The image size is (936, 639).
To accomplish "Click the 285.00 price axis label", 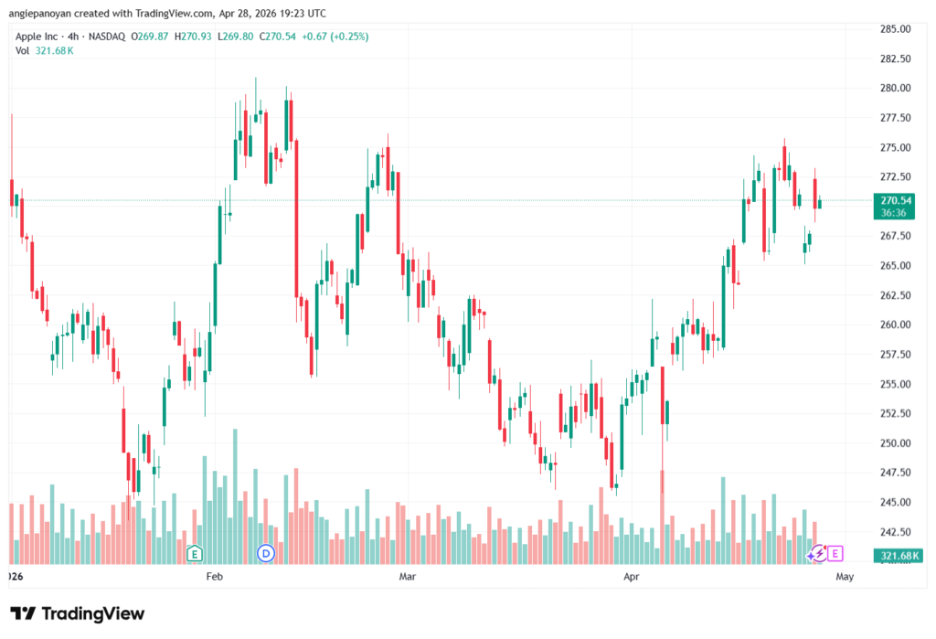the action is tap(896, 28).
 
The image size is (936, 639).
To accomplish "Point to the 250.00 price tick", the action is tap(896, 443).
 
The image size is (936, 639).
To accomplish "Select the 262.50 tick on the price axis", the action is tap(896, 295).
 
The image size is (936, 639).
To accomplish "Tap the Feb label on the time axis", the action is tap(214, 576).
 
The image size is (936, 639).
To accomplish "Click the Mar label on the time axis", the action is tap(407, 576).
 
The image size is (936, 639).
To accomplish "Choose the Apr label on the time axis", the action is tap(631, 576).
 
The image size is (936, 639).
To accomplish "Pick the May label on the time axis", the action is tap(845, 576).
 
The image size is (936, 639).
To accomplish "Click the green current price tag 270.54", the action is tap(894, 206).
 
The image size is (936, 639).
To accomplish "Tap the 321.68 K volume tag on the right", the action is tap(899, 556).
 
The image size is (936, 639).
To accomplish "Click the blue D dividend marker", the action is tap(266, 553).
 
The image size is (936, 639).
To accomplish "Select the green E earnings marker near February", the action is tap(194, 554).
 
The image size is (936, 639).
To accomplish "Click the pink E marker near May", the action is tap(835, 554).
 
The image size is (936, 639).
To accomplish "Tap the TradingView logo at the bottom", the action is tap(78, 613).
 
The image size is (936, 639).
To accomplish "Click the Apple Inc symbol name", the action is tap(37, 37).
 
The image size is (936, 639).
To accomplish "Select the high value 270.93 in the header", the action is tap(197, 37).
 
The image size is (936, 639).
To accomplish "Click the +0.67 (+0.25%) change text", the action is tap(335, 37).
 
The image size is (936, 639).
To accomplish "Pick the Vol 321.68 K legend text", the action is tap(44, 51).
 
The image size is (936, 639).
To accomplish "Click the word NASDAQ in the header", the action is tap(107, 37).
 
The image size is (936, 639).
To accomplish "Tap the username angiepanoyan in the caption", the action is tap(40, 13).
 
